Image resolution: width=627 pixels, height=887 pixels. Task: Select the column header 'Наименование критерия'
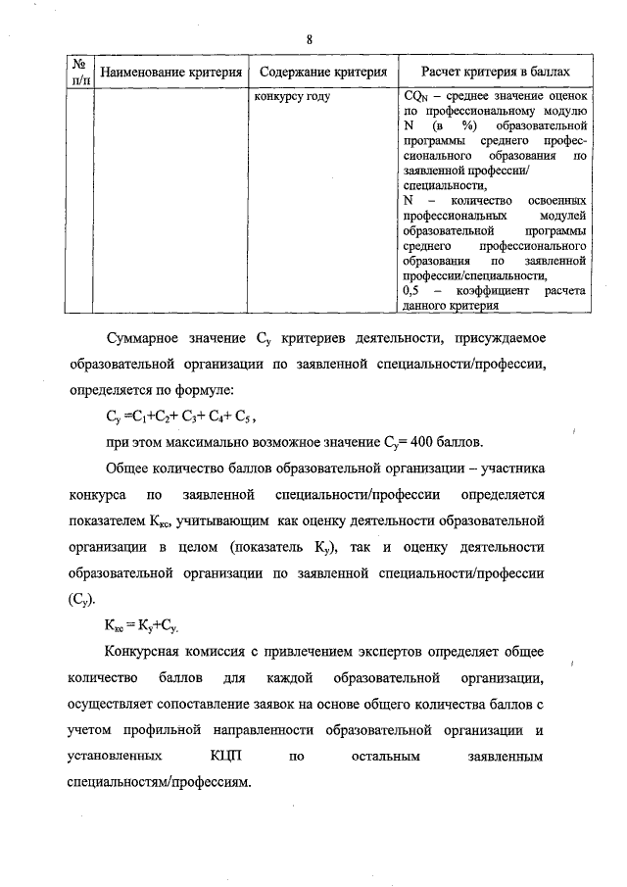(170, 73)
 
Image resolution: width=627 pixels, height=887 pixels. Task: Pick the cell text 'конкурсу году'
(291, 96)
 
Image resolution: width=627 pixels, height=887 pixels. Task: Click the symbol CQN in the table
(415, 97)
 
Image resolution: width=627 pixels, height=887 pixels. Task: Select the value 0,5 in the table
(411, 291)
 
